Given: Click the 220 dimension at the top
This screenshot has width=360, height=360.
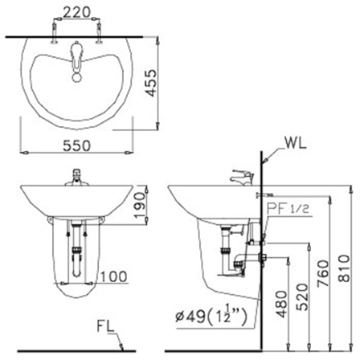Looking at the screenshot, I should [x=76, y=11].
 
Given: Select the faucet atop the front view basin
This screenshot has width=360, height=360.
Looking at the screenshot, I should [x=76, y=177].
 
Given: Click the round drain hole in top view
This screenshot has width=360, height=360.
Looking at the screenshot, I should [x=76, y=77].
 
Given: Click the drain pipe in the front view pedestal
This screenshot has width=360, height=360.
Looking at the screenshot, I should [x=76, y=252].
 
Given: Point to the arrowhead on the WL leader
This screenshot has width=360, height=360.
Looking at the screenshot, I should [x=265, y=163].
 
